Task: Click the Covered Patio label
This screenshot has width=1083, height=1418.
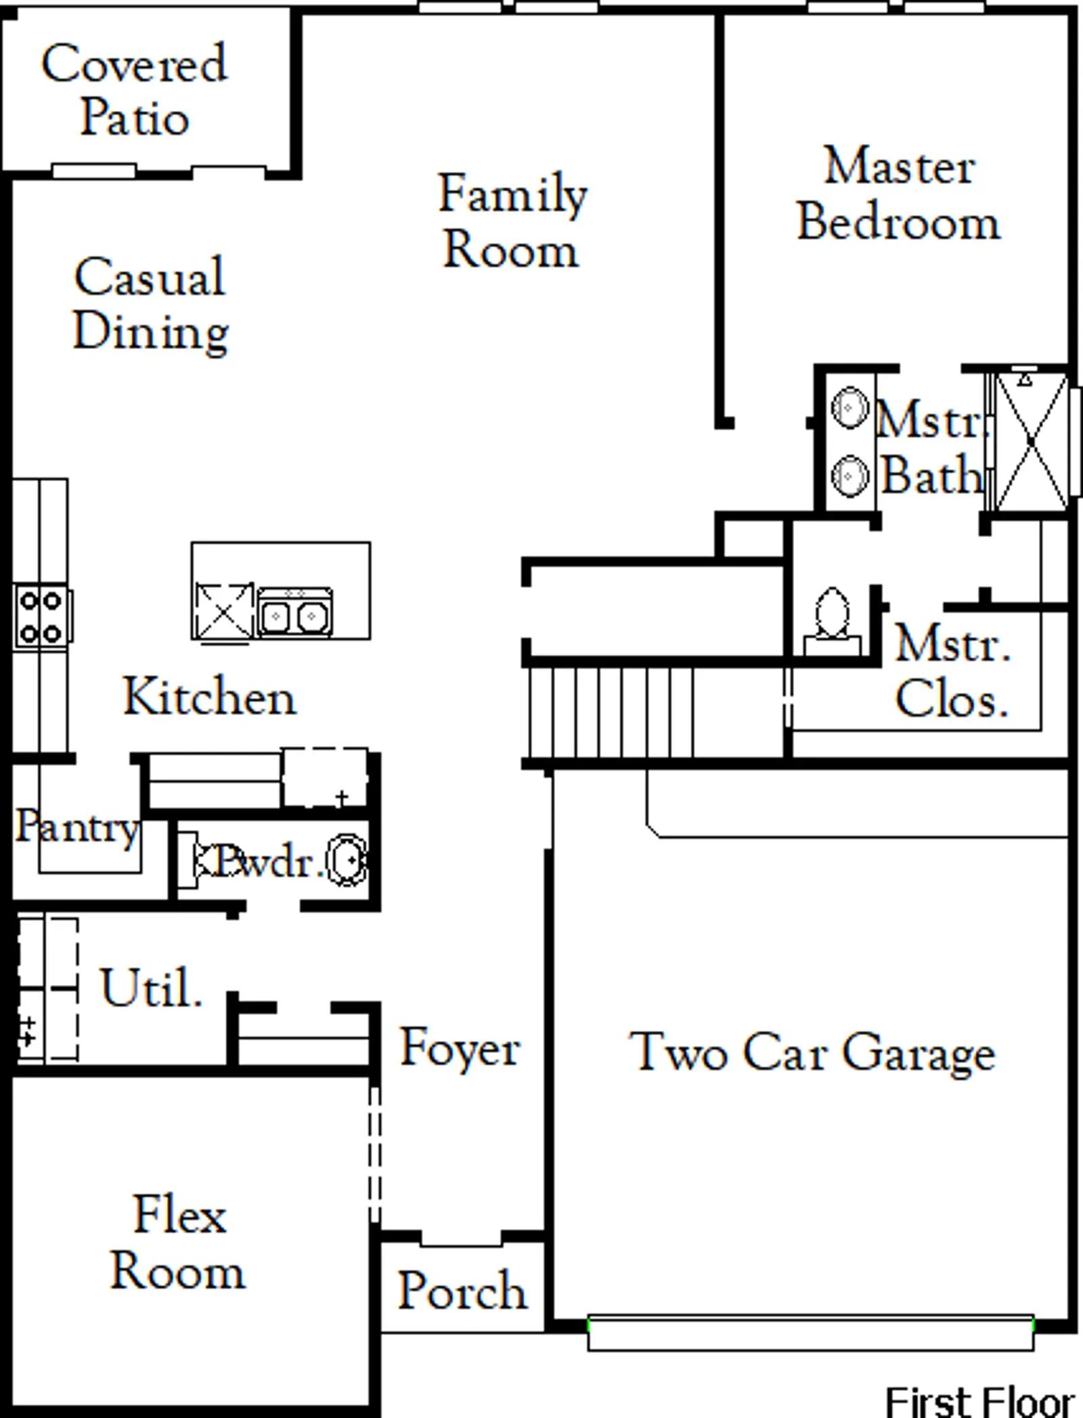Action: click(134, 90)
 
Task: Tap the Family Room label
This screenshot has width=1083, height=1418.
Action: click(512, 222)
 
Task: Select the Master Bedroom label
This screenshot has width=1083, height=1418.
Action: click(899, 195)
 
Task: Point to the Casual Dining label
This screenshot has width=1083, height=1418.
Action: click(150, 304)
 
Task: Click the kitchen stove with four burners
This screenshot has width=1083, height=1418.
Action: click(42, 616)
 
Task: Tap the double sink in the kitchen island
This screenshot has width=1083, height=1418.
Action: click(294, 614)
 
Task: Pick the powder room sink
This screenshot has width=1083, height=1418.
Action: click(347, 861)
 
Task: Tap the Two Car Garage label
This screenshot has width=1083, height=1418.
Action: click(812, 1053)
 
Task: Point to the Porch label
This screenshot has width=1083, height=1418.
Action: click(462, 1290)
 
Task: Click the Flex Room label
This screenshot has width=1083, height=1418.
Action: click(178, 1242)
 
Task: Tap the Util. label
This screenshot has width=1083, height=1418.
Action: click(151, 988)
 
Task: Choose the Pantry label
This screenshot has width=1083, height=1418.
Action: click(76, 827)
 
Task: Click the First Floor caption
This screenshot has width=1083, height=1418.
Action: click(979, 1402)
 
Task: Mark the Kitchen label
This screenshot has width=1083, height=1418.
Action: click(209, 697)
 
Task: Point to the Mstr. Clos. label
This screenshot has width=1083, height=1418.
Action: click(952, 671)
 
